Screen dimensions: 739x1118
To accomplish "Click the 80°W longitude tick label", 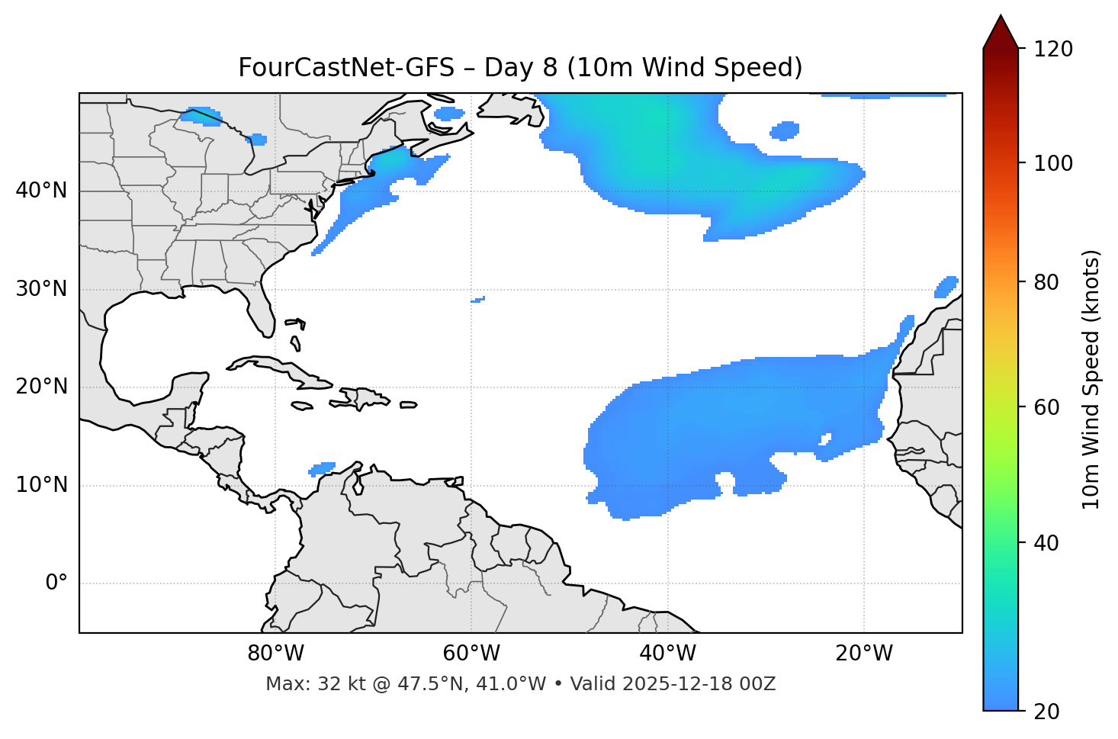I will coord(275,654).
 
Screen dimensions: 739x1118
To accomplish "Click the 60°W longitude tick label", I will coord(471,654).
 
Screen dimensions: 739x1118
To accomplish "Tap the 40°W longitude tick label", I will coord(667,654).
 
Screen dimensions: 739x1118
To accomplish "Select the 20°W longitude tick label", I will coord(863,654).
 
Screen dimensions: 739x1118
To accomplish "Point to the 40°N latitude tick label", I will coord(41,191).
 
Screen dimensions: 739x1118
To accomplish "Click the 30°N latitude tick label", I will coord(41,289).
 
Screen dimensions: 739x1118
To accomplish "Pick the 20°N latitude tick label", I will coord(41,387).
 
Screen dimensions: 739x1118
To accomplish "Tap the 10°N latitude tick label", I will coord(41,485).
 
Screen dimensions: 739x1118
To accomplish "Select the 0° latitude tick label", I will coord(56,583).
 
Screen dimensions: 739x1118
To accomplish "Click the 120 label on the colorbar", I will coord(1053,50).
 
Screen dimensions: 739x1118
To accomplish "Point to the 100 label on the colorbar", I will coord(1053,163).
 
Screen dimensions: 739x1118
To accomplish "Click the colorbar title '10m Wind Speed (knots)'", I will coord(1091,379).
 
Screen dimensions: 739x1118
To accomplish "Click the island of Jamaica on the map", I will coord(302,406).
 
